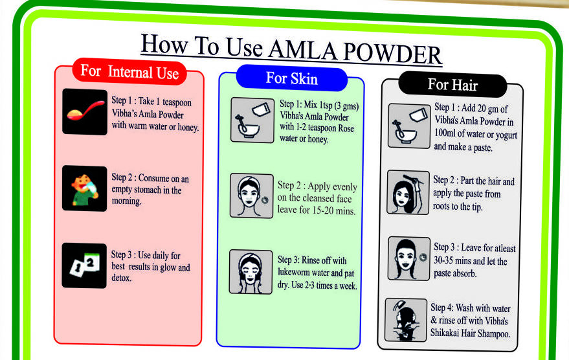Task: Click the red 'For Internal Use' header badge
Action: click(129, 71)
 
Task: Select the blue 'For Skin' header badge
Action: click(291, 78)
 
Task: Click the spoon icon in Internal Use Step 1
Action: click(84, 111)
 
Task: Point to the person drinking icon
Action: click(84, 188)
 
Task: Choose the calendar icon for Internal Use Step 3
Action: click(84, 265)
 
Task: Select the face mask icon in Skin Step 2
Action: click(251, 196)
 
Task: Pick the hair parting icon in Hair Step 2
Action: click(408, 192)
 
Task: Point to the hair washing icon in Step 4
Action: click(406, 319)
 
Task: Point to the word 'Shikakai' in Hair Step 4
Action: click(449, 334)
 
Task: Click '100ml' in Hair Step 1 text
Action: click(447, 134)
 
